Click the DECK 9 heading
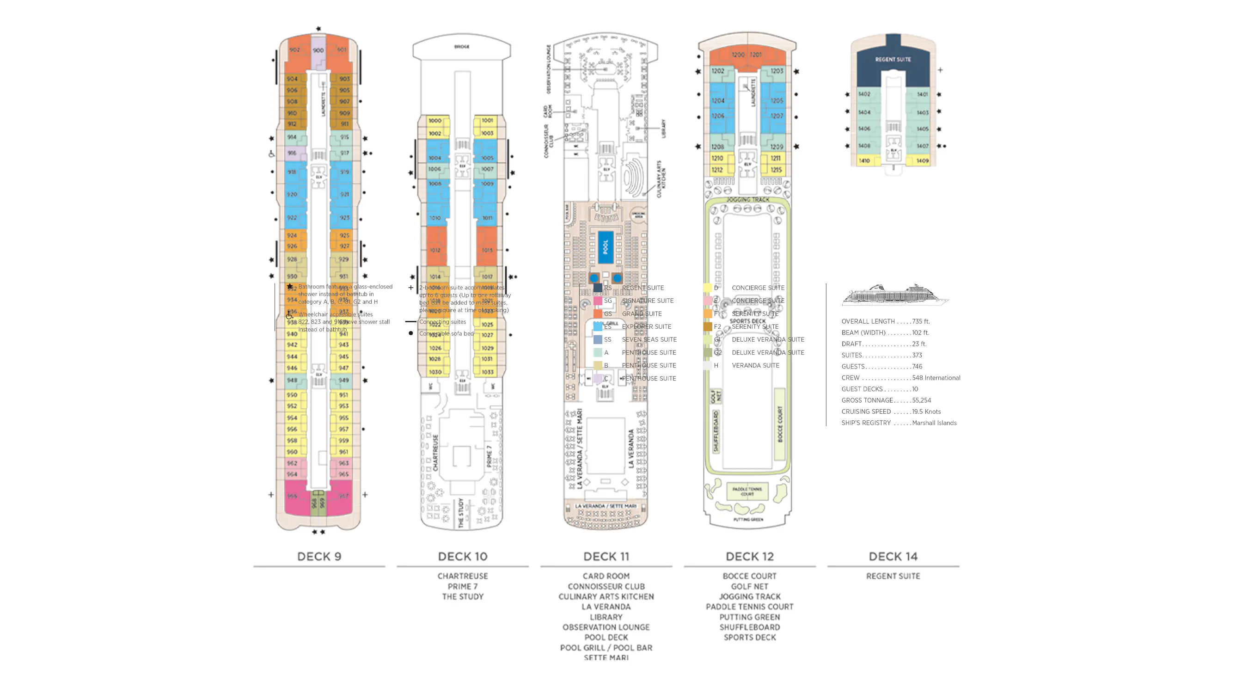(x=319, y=556)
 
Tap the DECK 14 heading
(x=893, y=556)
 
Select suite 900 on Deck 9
(x=318, y=50)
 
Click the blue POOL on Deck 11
(x=605, y=247)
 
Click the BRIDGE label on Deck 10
(x=462, y=47)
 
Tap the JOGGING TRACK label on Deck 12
(x=747, y=200)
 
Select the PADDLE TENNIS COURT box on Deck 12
(x=747, y=491)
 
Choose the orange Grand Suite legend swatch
(x=598, y=313)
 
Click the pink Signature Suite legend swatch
(x=598, y=301)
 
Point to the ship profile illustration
(x=894, y=295)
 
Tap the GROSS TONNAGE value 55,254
(x=921, y=400)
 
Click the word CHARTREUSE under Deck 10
(x=462, y=576)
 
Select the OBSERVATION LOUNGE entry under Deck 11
(x=606, y=627)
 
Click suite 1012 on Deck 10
(x=435, y=250)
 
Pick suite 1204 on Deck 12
(x=718, y=101)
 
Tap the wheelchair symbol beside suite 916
(x=271, y=154)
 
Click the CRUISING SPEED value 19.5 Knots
(x=926, y=411)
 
